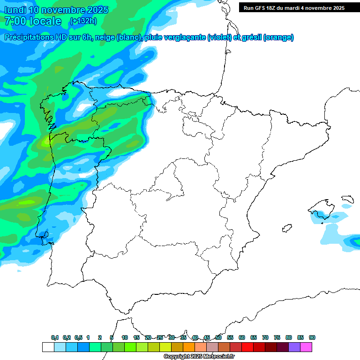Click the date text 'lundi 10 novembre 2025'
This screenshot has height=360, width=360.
56,10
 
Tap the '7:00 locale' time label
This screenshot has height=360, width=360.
33,21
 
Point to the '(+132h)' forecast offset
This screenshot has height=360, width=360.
83,21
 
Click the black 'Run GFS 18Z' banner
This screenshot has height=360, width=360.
294,7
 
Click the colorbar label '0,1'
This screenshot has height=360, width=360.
55,338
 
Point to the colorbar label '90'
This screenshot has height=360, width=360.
312,338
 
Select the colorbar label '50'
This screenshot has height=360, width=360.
218,338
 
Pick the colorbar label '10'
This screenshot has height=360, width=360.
125,338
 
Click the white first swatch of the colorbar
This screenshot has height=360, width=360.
48,347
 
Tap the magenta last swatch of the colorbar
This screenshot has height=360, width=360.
306,347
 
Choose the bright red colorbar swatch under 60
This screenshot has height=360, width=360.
247,347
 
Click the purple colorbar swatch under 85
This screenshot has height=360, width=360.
294,347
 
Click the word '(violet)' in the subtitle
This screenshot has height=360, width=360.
219,37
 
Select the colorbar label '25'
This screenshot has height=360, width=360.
160,338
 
